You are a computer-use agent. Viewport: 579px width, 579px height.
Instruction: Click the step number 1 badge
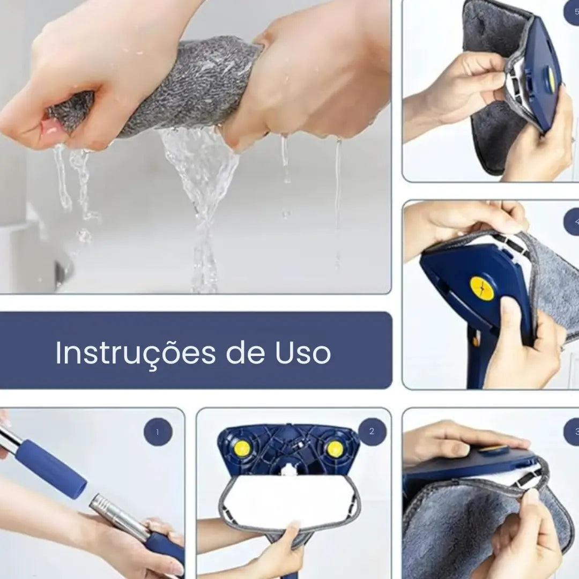click(x=158, y=432)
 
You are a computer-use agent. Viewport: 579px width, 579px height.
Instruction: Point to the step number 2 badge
click(x=372, y=432)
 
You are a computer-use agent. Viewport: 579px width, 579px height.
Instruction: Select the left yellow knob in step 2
click(x=242, y=449)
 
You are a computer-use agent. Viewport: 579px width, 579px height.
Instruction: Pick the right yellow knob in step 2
click(x=335, y=449)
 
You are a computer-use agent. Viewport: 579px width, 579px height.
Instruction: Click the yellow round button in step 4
click(x=481, y=288)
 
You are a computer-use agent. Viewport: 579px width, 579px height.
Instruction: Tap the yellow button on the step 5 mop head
click(x=552, y=79)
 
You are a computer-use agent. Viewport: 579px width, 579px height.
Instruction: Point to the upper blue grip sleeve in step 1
click(x=50, y=468)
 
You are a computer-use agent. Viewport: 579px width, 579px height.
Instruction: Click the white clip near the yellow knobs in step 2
click(x=288, y=469)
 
